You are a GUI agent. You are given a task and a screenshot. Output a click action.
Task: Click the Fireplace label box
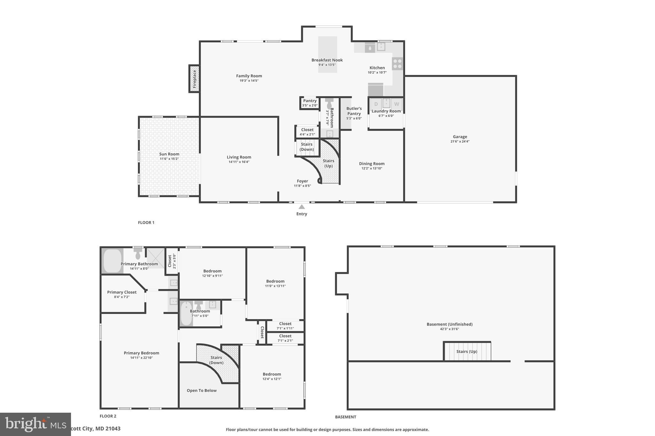[194, 79]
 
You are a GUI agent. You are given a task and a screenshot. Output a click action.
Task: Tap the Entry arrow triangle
[302, 207]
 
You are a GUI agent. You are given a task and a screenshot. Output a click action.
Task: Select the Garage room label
[460, 137]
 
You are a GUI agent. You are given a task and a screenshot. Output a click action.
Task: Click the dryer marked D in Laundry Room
[376, 104]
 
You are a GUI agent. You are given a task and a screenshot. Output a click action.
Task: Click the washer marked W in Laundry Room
[397, 104]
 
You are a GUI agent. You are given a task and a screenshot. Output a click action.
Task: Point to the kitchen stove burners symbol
[398, 64]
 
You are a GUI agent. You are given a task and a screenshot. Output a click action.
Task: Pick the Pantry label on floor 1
[310, 101]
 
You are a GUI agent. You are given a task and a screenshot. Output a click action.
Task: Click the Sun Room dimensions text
[169, 159]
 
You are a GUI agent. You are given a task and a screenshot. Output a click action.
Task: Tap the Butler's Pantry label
[354, 111]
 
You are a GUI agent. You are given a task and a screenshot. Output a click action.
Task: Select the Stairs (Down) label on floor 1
[306, 147]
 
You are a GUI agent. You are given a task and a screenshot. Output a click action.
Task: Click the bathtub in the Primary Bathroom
[112, 261]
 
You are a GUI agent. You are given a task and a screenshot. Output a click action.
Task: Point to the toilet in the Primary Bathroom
[138, 254]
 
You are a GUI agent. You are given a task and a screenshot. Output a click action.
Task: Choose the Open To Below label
[201, 390]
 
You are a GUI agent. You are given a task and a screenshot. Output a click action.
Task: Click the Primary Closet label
[122, 292]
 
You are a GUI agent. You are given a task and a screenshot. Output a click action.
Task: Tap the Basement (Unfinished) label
[449, 324]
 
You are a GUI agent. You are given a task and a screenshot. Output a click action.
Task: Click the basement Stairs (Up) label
[467, 351]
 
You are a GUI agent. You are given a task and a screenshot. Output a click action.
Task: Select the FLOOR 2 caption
[108, 416]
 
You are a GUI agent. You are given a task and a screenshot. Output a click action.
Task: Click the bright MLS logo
[35, 424]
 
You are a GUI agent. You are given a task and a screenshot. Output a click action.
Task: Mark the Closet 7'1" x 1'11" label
[285, 324]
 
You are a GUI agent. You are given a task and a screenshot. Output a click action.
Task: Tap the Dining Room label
[372, 164]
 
